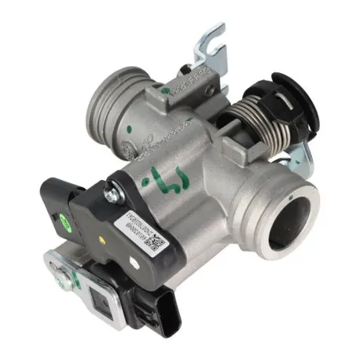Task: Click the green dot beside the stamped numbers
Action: click(164, 91)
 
